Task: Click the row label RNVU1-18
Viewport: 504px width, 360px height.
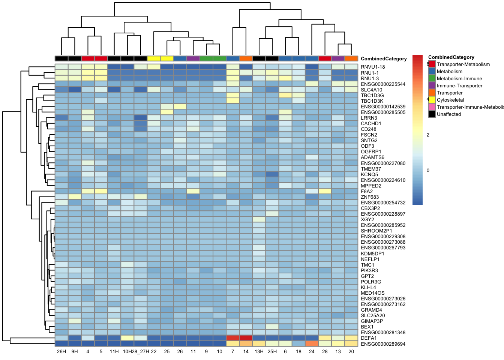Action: [x=373, y=67]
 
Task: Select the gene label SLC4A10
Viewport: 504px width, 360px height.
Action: [x=372, y=90]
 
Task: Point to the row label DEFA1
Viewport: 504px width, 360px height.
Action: [x=369, y=338]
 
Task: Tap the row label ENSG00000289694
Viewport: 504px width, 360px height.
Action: [x=383, y=344]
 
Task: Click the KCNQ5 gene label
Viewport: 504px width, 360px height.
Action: [x=369, y=174]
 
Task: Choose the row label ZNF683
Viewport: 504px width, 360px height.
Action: [x=370, y=197]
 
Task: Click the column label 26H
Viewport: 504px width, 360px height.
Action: [x=61, y=352]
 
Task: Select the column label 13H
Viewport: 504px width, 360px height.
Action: [x=259, y=352]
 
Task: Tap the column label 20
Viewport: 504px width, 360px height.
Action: [x=351, y=352]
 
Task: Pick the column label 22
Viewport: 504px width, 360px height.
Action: [x=154, y=352]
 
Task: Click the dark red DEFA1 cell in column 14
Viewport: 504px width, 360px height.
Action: [x=246, y=338]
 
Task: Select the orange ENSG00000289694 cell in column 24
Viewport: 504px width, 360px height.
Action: [x=312, y=343]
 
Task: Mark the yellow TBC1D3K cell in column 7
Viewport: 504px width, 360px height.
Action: [x=232, y=101]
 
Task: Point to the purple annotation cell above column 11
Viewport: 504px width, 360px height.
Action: [x=193, y=58]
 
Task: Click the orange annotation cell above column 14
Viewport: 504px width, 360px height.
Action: [x=246, y=58]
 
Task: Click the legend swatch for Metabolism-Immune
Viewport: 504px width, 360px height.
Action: [x=432, y=78]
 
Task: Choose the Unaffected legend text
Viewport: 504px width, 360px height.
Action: [x=448, y=114]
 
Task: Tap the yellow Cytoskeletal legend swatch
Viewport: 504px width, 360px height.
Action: [x=432, y=100]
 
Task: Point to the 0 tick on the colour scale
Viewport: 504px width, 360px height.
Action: [x=428, y=170]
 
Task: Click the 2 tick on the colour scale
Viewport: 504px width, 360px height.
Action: [x=428, y=135]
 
